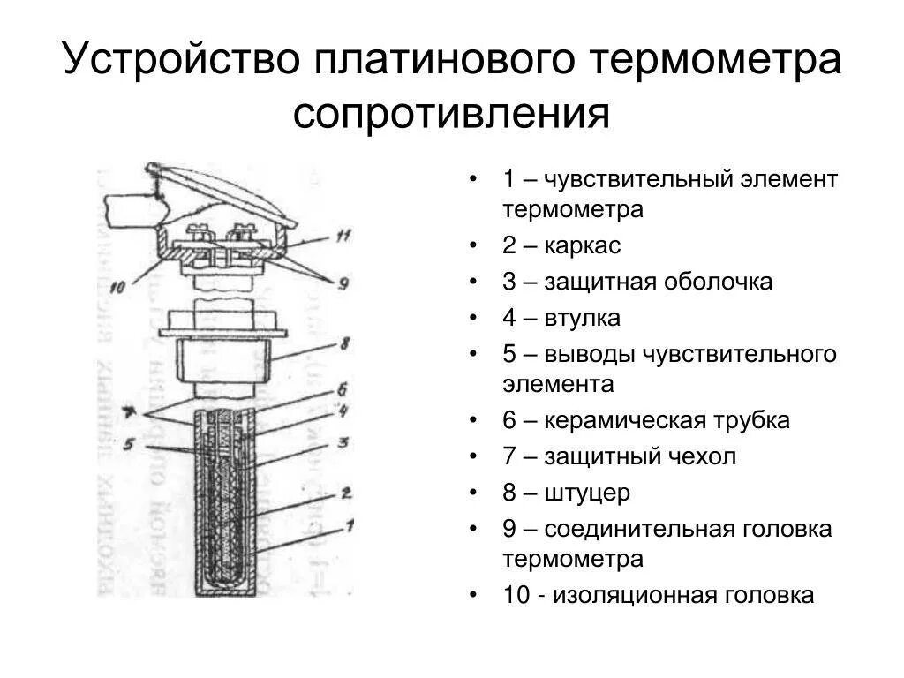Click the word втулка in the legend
click(583, 318)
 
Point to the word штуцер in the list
click(587, 493)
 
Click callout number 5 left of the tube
click(130, 446)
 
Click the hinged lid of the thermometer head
click(221, 190)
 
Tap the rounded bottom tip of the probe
click(225, 584)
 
